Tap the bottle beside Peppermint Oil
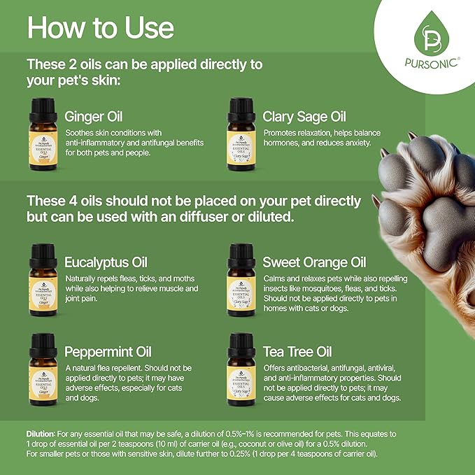(42, 369)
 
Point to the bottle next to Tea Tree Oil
(241, 369)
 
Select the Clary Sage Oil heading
(304, 117)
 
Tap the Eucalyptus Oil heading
(106, 263)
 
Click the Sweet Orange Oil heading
(314, 263)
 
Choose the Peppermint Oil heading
(108, 351)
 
